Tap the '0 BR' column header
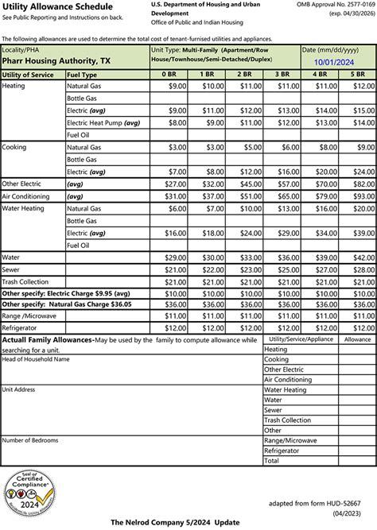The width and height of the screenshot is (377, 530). point(169,74)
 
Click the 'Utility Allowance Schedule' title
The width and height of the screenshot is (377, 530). point(47,6)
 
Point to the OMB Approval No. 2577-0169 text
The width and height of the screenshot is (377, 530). point(334,6)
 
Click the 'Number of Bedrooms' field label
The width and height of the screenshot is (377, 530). point(31,439)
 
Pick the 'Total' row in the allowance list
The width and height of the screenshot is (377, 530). point(272,460)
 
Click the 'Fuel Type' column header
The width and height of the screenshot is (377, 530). point(84,74)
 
